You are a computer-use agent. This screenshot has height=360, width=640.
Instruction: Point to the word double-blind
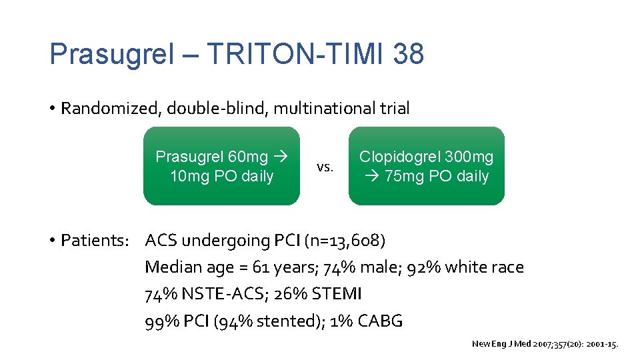point(209,109)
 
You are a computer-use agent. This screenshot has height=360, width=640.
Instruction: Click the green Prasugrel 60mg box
point(221,166)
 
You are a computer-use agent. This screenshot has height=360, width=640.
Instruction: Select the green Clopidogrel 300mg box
point(426,166)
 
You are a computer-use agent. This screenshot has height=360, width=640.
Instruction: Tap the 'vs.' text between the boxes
point(325,167)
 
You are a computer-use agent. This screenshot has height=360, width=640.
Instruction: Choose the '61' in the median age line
point(261,267)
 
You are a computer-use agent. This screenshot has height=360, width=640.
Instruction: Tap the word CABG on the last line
point(379,321)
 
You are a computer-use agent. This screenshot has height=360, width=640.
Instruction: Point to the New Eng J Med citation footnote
point(545,344)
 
